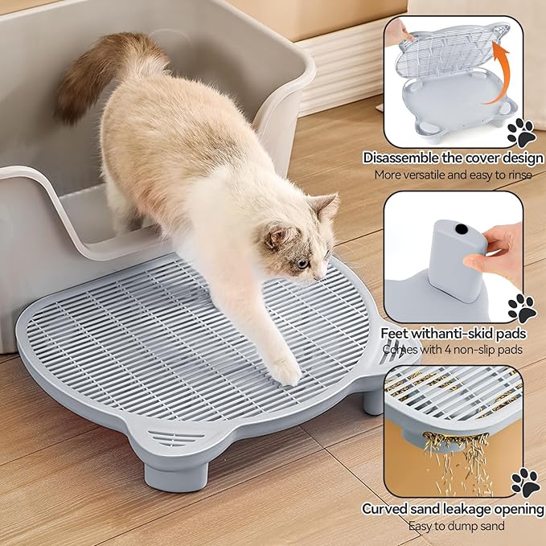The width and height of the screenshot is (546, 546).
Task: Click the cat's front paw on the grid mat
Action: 284,371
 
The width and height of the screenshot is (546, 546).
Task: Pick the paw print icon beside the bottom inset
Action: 523,482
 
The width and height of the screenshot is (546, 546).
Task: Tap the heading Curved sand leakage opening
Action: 453,509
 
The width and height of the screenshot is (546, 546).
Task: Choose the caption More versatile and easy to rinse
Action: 453,175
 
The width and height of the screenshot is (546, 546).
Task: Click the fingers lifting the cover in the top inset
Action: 397,32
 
